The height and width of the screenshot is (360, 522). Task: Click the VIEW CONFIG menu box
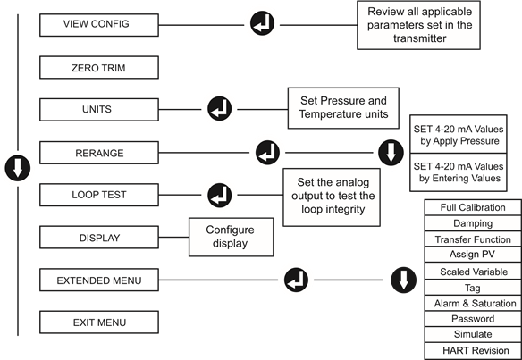pos(99,25)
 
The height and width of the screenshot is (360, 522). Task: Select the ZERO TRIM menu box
pos(99,68)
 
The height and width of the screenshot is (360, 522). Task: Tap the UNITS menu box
pos(99,110)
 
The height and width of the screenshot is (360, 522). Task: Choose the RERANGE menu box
pos(99,153)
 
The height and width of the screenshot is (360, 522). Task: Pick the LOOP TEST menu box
pos(99,195)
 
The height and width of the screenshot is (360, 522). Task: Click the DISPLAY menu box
pos(99,238)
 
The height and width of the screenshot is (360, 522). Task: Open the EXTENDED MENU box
pos(99,280)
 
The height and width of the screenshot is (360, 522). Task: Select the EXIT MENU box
pos(99,322)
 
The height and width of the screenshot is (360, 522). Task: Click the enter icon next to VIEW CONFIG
pos(262,23)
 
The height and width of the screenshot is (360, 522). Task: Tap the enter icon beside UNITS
pos(220,109)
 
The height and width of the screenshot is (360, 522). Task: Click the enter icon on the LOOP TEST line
pos(220,196)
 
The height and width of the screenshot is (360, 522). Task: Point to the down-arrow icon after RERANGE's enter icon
pos(391,153)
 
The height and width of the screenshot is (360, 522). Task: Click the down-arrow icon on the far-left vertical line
pos(18,168)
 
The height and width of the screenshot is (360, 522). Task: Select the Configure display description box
pos(231,238)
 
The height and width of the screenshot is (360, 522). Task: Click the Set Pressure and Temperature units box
pos(343,108)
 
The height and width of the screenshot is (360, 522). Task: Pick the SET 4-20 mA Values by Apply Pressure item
pos(458,134)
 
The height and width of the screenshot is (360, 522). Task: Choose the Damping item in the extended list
pos(473,223)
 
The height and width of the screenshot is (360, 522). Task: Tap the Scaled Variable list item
pos(473,272)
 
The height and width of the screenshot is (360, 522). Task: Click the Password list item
pos(473,319)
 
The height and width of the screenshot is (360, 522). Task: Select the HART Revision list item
pos(473,351)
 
